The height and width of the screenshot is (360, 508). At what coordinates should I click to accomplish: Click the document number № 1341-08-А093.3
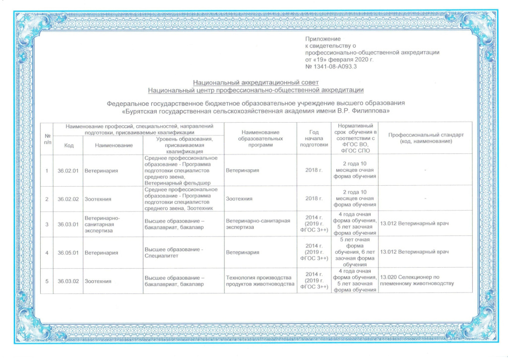tap(331, 66)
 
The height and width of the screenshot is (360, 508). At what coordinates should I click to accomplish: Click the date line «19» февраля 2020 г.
tap(339, 59)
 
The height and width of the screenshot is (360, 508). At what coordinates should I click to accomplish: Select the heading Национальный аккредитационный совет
tap(255, 82)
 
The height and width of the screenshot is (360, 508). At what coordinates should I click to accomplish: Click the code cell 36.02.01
tap(68, 171)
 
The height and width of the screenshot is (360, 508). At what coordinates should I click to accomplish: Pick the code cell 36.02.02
tap(68, 199)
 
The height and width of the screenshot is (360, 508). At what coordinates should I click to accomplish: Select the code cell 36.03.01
tap(68, 224)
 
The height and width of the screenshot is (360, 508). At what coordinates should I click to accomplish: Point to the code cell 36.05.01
tap(68, 252)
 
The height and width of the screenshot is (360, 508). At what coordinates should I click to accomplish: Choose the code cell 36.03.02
tap(68, 282)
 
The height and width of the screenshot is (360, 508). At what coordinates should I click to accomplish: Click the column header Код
tap(68, 145)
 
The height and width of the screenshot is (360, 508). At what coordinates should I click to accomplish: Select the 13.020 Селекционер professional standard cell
tap(417, 280)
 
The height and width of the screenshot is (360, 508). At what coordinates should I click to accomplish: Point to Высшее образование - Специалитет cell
tap(174, 252)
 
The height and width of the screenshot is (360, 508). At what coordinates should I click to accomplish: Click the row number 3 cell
tap(47, 224)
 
